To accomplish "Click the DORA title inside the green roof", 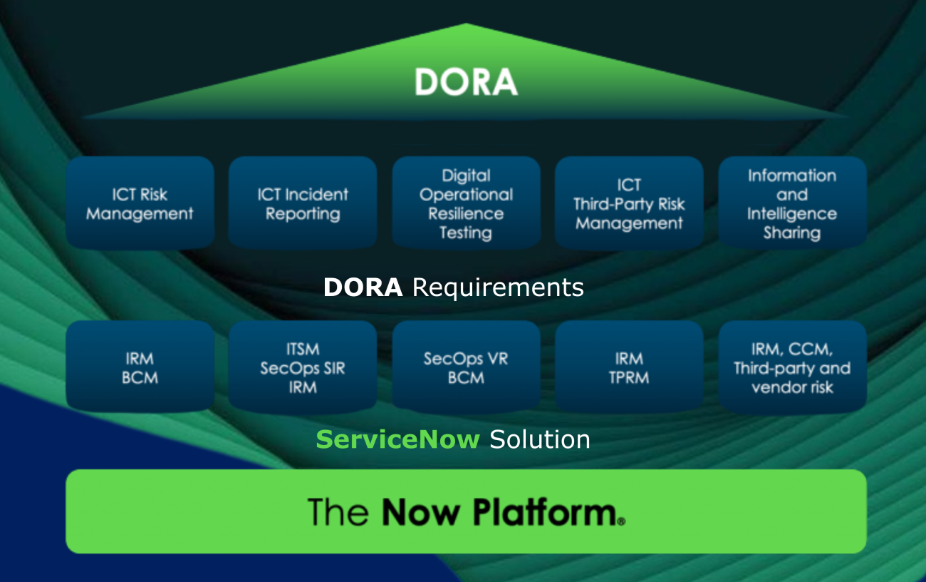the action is click(466, 82).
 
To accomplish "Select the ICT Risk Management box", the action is click(140, 203).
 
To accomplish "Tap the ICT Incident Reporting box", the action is click(303, 203).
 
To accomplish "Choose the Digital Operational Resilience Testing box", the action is click(466, 203).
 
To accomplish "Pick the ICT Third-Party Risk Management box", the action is click(629, 203).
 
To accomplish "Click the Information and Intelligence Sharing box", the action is click(792, 203).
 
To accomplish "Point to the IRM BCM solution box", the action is click(140, 367).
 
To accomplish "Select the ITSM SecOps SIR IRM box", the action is click(303, 367).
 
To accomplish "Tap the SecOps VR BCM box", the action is click(466, 367).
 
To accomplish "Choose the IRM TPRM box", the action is click(629, 367).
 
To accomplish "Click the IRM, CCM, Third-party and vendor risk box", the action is click(792, 367).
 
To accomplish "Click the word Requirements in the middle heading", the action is click(498, 288).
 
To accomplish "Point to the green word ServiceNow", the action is click(397, 439).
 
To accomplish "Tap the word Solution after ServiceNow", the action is click(540, 439).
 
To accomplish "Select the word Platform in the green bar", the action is click(545, 511).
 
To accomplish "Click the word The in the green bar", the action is click(338, 511).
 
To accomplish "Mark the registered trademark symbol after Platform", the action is click(621, 521).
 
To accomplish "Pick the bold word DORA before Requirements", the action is click(363, 287).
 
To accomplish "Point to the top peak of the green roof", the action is click(467, 24).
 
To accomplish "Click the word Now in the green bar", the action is click(420, 512).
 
